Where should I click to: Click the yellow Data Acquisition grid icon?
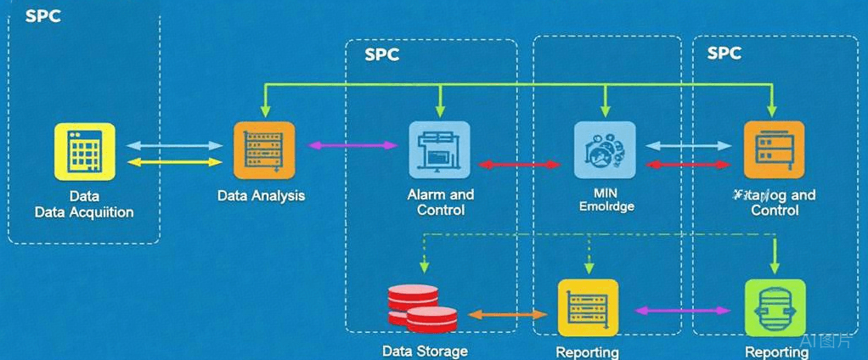84,151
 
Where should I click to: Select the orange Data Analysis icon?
263,150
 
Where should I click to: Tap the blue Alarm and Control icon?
439,149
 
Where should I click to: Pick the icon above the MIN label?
604,149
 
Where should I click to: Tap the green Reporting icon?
775,307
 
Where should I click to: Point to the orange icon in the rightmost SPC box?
773,149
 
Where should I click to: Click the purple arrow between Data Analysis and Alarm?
352,146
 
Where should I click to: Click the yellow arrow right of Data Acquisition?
173,161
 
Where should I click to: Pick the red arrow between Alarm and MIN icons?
519,164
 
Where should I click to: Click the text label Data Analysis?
261,196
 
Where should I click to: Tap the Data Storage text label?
425,351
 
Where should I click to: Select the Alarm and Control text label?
441,202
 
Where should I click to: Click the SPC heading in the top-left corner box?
42,16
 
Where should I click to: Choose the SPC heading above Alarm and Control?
381,55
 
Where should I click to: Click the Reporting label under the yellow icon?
587,352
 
